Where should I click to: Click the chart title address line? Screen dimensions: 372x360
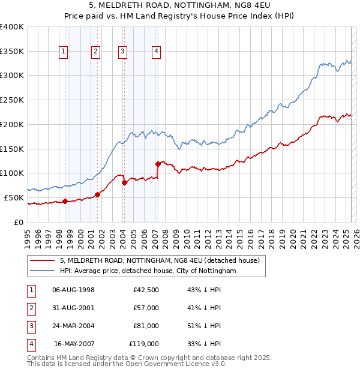(179, 7)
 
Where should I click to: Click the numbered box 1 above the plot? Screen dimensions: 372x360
(64, 52)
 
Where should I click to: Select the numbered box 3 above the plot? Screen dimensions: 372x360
(122, 52)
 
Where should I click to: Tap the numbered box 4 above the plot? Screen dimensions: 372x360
(156, 52)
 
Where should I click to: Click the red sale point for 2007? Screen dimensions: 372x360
(158, 163)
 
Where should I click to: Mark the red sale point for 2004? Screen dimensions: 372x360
(124, 182)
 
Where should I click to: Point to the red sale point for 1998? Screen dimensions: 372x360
(65, 201)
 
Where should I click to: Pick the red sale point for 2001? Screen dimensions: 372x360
(97, 194)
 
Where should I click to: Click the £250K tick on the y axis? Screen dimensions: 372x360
(12, 100)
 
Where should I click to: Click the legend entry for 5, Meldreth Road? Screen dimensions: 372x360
(159, 260)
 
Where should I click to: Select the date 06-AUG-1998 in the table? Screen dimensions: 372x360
(74, 290)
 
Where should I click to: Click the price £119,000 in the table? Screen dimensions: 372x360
(144, 344)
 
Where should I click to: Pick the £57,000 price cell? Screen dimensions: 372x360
(146, 308)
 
